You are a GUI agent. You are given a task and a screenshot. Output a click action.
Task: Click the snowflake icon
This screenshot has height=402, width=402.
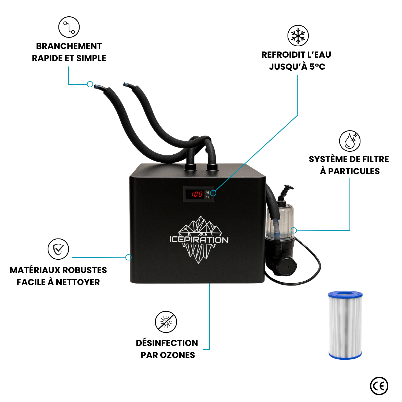(x=298, y=36)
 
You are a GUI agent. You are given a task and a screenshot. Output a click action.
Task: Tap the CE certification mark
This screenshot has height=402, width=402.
(x=379, y=386)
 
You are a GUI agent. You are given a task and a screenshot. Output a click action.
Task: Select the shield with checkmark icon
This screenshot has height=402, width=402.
(x=58, y=249)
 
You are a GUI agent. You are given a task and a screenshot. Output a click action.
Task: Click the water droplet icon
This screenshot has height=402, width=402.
(x=350, y=141)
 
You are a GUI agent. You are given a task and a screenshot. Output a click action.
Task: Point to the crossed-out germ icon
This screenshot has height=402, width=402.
(x=166, y=322)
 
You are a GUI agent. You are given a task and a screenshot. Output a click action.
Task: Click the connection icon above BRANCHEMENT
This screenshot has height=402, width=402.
(x=69, y=27)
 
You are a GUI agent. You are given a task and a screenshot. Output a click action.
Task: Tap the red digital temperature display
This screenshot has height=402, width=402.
(x=197, y=194)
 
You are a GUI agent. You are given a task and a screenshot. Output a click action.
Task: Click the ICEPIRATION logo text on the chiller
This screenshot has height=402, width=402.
(x=199, y=240)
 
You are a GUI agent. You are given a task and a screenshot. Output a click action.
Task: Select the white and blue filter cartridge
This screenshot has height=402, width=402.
(x=345, y=325)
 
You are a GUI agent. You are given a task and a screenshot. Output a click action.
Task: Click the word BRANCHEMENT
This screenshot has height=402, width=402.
(x=69, y=46)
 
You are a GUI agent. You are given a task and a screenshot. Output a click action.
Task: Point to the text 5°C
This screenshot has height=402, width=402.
(x=317, y=66)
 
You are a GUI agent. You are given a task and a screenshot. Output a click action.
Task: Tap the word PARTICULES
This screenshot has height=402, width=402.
(x=354, y=171)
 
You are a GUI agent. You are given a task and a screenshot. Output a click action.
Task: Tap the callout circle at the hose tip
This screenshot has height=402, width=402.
(x=90, y=84)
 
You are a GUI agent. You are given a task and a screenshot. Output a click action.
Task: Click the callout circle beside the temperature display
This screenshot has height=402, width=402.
(x=213, y=193)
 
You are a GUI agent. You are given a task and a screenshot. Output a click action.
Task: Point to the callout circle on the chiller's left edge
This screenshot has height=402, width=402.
(x=128, y=257)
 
